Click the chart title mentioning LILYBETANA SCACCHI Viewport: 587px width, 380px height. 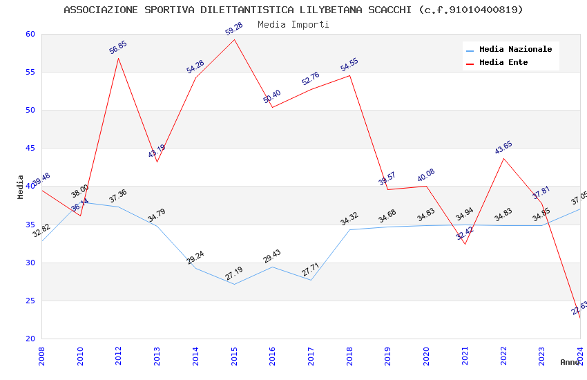[293, 10]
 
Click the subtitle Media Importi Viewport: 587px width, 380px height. [293, 24]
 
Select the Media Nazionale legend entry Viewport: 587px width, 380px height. [515, 49]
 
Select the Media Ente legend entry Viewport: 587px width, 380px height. [503, 62]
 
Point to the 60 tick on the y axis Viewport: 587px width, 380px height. [30, 34]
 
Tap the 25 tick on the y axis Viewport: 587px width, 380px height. [30, 301]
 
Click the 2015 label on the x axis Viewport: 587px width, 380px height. [234, 355]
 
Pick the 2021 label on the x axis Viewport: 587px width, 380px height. [465, 355]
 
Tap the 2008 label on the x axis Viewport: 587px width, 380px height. [41, 355]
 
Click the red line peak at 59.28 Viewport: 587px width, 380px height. [234, 39]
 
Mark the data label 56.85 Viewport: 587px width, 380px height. [118, 48]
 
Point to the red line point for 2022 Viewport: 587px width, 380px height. [503, 158]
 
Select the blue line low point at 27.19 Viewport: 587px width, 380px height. [234, 284]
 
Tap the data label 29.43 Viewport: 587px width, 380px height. [272, 256]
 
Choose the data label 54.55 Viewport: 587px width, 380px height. [349, 65]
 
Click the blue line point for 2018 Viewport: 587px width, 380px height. [349, 229]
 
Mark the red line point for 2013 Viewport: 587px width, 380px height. [157, 162]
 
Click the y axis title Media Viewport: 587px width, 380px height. [21, 187]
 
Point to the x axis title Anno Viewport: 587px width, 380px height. [570, 362]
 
